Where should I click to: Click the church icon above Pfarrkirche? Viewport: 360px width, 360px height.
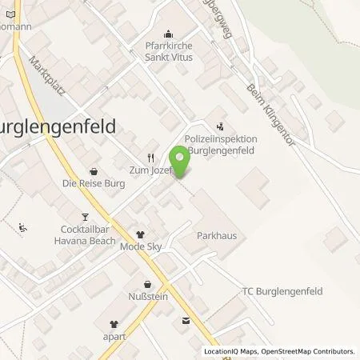tap(168, 34)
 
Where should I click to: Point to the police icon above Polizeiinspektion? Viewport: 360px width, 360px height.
tap(220, 126)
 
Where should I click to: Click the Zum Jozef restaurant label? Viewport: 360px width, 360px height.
tap(152, 170)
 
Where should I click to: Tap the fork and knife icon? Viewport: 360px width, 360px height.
tap(150, 158)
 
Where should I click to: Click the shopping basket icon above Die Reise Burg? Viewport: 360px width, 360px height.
tap(94, 170)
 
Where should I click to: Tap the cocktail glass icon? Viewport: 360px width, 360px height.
tap(85, 216)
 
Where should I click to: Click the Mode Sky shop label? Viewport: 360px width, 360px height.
tap(142, 247)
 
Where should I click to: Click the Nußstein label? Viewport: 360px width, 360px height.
tap(146, 296)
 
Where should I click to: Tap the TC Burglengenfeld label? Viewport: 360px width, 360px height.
tap(275, 291)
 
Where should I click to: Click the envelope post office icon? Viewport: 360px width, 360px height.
tap(186, 321)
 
